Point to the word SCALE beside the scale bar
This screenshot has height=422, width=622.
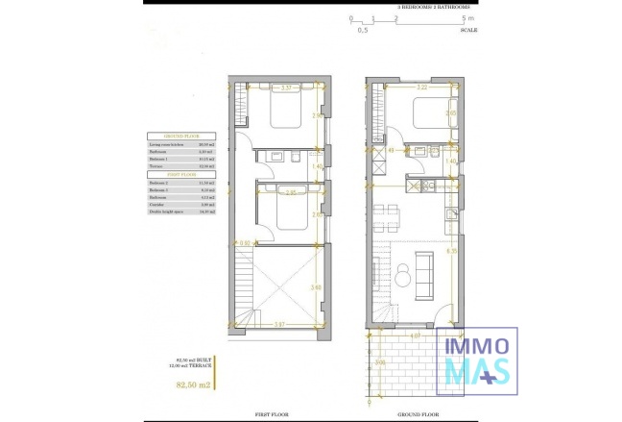coord(469,31)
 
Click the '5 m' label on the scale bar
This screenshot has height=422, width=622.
coord(466,18)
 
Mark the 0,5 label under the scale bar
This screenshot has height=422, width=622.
coord(363,31)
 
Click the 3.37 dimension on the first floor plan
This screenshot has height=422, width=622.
coord(286,88)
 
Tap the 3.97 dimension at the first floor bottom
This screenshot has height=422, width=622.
coord(279,324)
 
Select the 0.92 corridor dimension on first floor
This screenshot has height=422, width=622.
coord(245,243)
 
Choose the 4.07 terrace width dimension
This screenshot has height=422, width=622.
coord(413,336)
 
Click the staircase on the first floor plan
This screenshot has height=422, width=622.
coord(245,288)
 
